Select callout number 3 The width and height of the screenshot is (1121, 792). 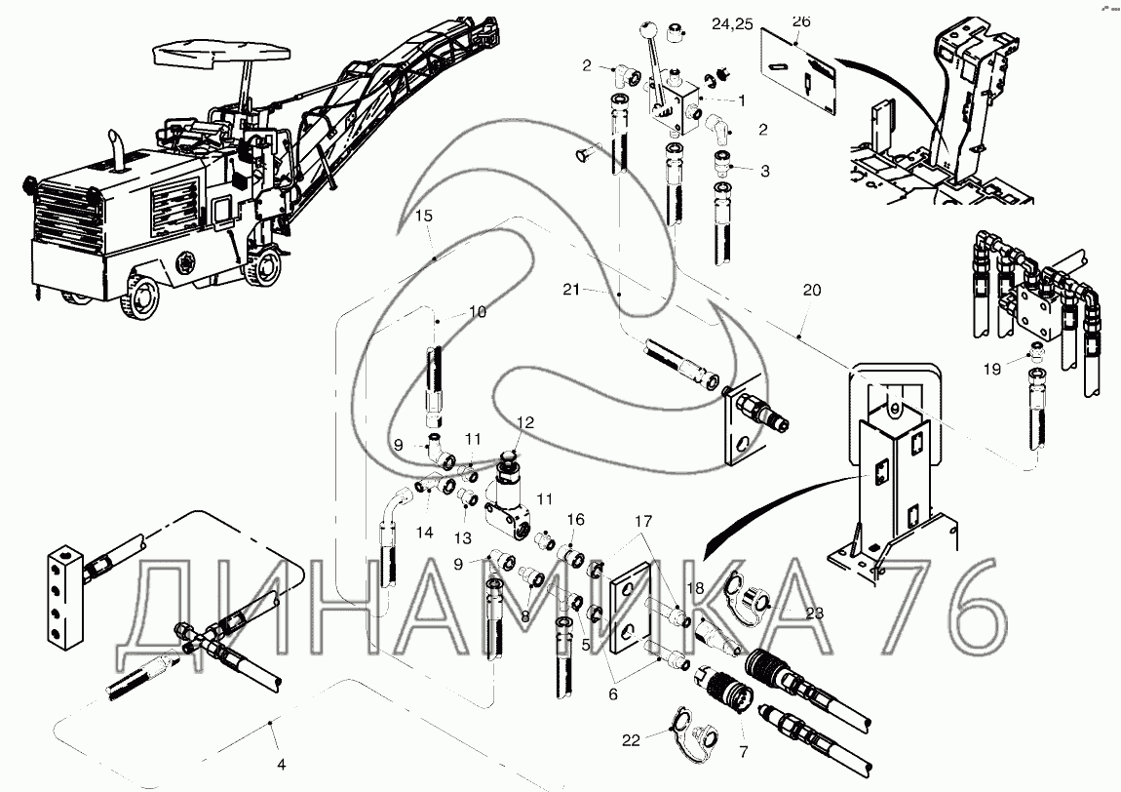coord(765,171)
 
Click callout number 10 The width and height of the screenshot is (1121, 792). coord(477,311)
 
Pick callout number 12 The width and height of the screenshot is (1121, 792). coord(525,423)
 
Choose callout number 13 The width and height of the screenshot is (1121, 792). coord(462,536)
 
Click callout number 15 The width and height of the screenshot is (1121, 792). coord(423,215)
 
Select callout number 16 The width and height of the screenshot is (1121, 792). coord(576,518)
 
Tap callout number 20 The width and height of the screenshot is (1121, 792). coord(812,291)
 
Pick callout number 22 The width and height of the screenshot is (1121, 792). coord(631,740)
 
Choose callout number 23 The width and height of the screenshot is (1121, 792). coord(814,613)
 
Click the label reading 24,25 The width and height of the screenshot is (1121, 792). coord(731,24)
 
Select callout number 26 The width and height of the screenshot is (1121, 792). coord(801,21)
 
